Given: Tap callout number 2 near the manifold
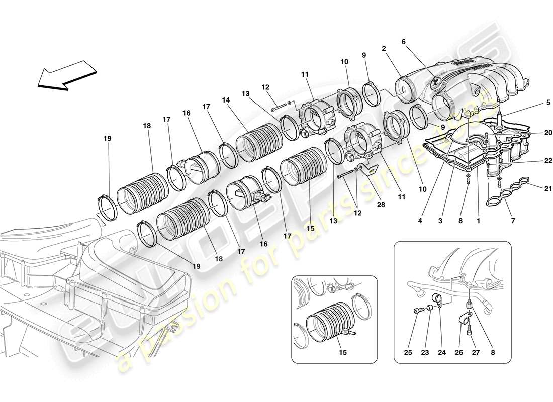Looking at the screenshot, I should click(384, 49).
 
